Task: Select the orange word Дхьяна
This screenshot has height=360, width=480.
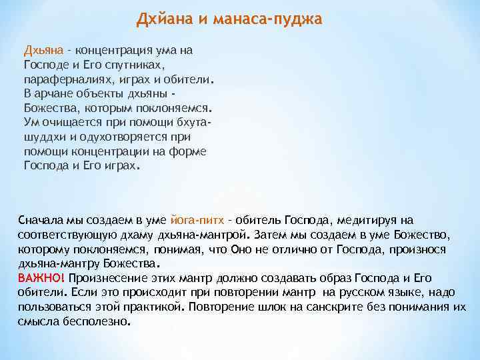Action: click(x=43, y=50)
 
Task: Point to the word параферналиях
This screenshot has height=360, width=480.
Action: click(x=62, y=80)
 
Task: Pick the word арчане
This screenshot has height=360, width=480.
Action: click(x=53, y=94)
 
